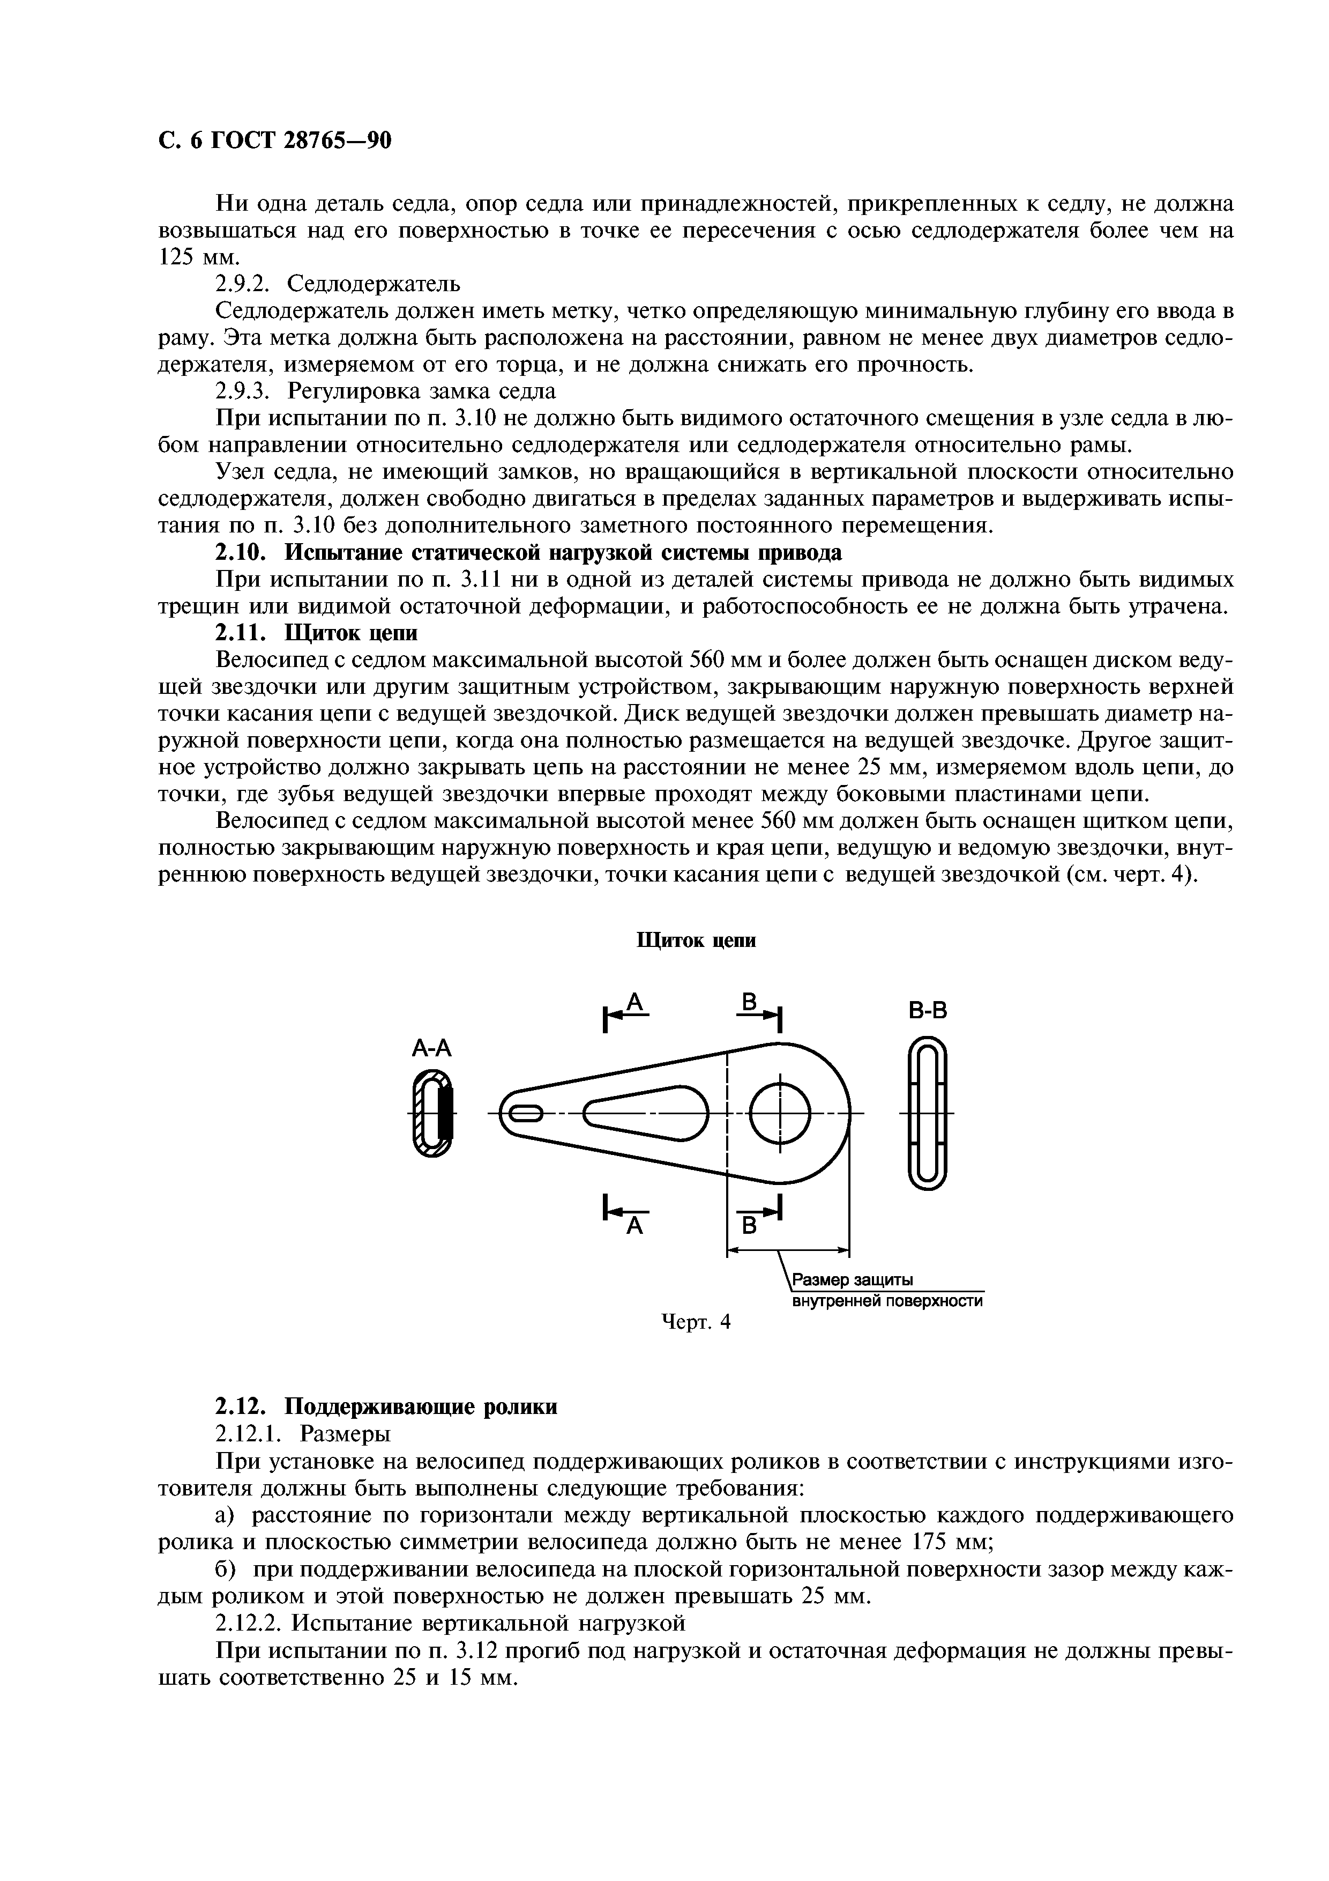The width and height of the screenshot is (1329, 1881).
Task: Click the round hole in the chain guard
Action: [x=780, y=1113]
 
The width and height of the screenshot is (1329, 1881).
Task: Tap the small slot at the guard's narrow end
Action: [x=525, y=1113]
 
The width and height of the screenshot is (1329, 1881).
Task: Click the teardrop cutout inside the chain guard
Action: [x=647, y=1113]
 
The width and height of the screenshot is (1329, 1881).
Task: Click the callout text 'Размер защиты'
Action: [x=852, y=1280]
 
